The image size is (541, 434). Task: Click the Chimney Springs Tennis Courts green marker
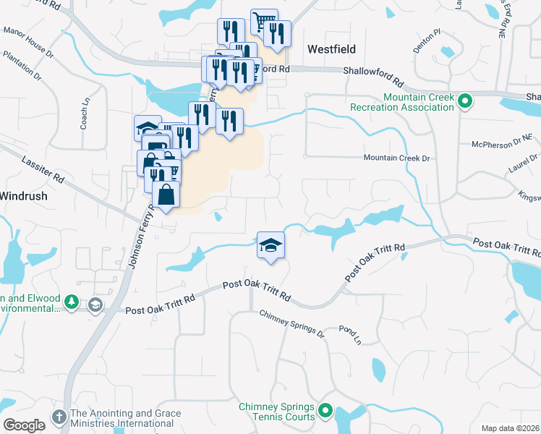pyautogui.click(x=325, y=412)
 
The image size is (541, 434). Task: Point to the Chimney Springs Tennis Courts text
pyautogui.click(x=277, y=412)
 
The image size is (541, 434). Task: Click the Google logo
pyautogui.click(x=23, y=425)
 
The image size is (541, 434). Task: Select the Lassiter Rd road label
pyautogui.click(x=43, y=170)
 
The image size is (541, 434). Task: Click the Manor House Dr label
pyautogui.click(x=28, y=35)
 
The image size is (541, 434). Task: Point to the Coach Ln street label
pyautogui.click(x=85, y=114)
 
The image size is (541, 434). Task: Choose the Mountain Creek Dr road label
pyautogui.click(x=396, y=158)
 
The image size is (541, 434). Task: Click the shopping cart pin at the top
pyautogui.click(x=264, y=21)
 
